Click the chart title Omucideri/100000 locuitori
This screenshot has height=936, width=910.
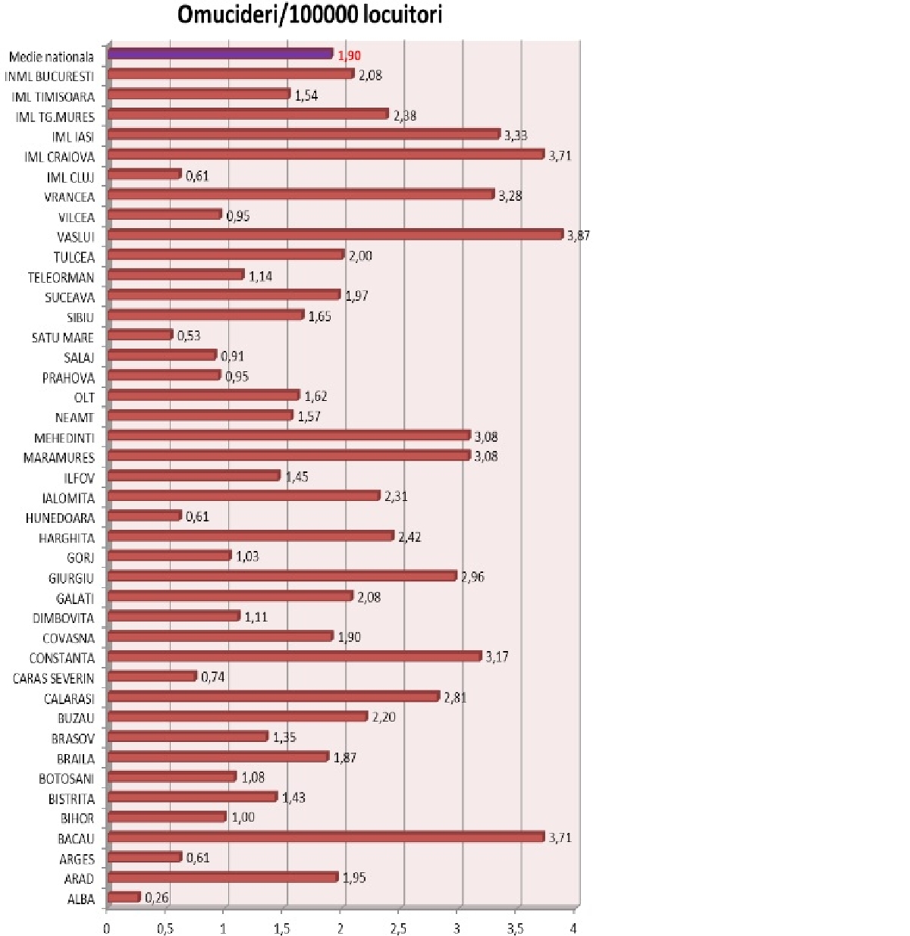click(309, 14)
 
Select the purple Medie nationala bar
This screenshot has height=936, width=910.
click(220, 54)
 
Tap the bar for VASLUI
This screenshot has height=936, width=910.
click(335, 234)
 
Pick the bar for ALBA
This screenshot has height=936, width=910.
click(124, 897)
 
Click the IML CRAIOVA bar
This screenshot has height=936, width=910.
click(326, 155)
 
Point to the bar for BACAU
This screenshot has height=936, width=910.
click(326, 837)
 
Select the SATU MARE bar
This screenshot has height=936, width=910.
click(140, 335)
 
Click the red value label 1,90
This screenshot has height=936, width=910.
click(350, 55)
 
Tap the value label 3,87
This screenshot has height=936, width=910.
click(579, 236)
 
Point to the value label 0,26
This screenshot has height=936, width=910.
click(157, 898)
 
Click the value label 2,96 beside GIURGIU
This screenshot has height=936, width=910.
click(472, 577)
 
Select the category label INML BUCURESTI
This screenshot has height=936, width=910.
click(49, 77)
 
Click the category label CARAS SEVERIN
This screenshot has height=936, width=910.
click(54, 678)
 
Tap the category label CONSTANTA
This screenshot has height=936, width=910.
click(62, 658)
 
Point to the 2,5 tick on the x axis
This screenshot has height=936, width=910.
click(398, 929)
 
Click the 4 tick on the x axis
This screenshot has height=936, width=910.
click(574, 929)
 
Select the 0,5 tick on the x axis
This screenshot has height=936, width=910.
click(165, 929)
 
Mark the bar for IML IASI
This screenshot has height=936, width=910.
click(303, 134)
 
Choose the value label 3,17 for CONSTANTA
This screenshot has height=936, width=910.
click(497, 657)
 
